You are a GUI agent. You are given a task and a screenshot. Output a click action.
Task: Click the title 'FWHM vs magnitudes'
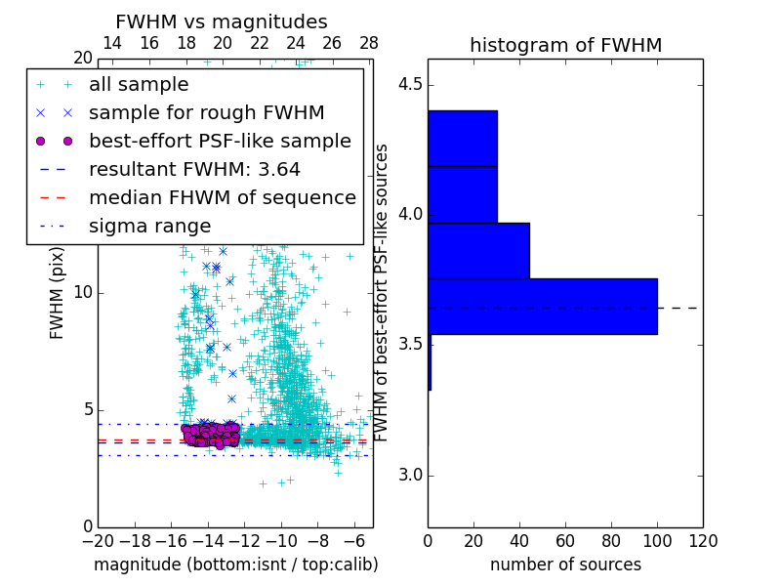[222, 21]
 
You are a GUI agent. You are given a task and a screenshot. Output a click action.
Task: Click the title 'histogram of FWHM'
[565, 45]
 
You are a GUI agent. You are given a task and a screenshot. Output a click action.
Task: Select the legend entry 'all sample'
[139, 85]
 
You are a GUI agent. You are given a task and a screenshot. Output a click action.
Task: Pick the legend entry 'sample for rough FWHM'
[206, 113]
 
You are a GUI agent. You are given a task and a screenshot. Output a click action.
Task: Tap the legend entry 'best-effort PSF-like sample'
[220, 142]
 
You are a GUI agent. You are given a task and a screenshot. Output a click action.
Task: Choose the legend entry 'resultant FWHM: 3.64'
[194, 169]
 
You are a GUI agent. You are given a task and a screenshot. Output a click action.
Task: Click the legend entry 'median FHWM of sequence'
[222, 197]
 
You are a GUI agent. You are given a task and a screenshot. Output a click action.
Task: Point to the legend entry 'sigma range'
[149, 226]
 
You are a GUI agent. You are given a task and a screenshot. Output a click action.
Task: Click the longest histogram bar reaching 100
[542, 307]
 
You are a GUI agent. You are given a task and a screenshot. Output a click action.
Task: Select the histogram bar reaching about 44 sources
[478, 251]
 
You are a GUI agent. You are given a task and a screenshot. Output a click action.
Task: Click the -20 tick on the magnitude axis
[98, 540]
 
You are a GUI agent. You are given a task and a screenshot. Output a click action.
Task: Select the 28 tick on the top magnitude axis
[369, 43]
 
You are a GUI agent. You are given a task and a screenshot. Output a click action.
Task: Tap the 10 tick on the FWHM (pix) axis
[82, 292]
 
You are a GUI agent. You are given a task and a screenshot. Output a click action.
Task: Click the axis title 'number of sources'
[565, 565]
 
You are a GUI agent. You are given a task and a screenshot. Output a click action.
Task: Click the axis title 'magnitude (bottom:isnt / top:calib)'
[235, 565]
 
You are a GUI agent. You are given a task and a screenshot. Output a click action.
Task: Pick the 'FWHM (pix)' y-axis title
[58, 292]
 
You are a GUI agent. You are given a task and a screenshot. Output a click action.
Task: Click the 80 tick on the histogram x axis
[611, 540]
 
